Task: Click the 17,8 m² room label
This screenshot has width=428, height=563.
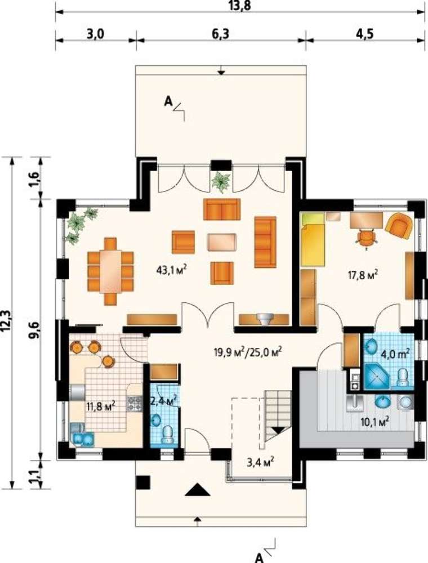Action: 363,275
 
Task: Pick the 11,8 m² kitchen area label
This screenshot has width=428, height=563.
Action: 100,406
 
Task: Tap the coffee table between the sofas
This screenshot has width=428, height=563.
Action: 222,242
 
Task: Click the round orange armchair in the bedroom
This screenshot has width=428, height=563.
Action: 399,226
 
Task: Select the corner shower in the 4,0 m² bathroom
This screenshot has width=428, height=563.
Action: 377,376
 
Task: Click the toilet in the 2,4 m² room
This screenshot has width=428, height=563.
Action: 168,434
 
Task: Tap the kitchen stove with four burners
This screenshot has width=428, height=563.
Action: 135,403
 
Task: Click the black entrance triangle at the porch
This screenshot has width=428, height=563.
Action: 197,489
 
